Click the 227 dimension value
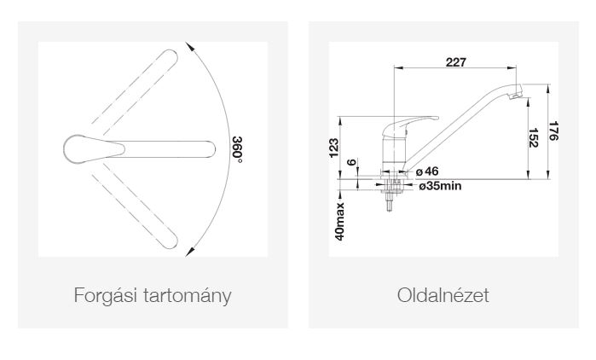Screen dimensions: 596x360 [455, 62]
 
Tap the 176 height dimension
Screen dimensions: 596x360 [553, 131]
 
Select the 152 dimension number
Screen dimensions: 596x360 [533, 138]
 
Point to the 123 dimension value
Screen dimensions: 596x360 [333, 148]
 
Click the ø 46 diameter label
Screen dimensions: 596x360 [427, 171]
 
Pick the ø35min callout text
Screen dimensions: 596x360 [440, 186]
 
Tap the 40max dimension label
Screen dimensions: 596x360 [340, 221]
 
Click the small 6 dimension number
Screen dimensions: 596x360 [352, 162]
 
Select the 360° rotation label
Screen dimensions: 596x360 [237, 149]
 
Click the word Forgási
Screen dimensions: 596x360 [105, 295]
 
